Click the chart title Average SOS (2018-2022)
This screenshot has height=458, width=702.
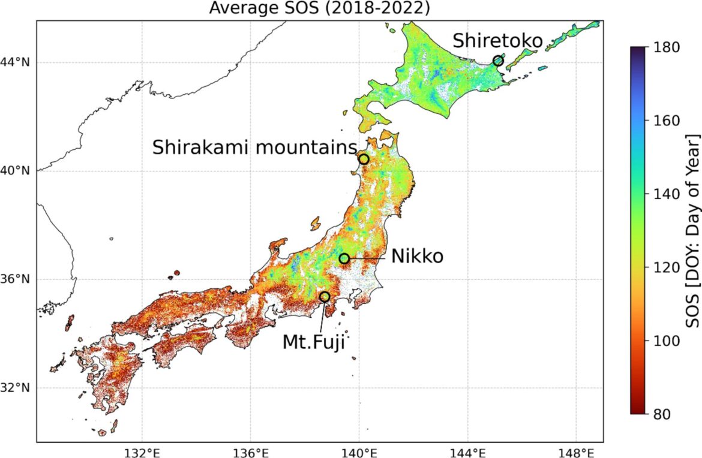tap(319, 8)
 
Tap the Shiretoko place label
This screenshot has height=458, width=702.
tap(497, 41)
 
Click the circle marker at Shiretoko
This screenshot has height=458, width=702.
tap(498, 61)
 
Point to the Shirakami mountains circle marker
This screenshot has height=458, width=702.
tap(364, 159)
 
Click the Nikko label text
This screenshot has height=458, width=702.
tap(417, 257)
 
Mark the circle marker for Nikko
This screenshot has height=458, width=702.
tap(344, 258)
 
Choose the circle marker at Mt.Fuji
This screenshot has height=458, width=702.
tap(325, 297)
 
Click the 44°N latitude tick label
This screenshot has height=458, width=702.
tap(17, 62)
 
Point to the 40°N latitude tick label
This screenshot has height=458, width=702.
tap(17, 171)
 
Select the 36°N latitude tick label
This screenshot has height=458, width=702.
tap(17, 279)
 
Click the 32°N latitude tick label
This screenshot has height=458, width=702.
tap(17, 388)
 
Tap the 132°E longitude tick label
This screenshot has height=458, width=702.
tap(142, 451)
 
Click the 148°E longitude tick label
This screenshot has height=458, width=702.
tap(576, 451)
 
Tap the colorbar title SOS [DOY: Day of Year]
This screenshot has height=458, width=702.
tap(693, 231)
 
